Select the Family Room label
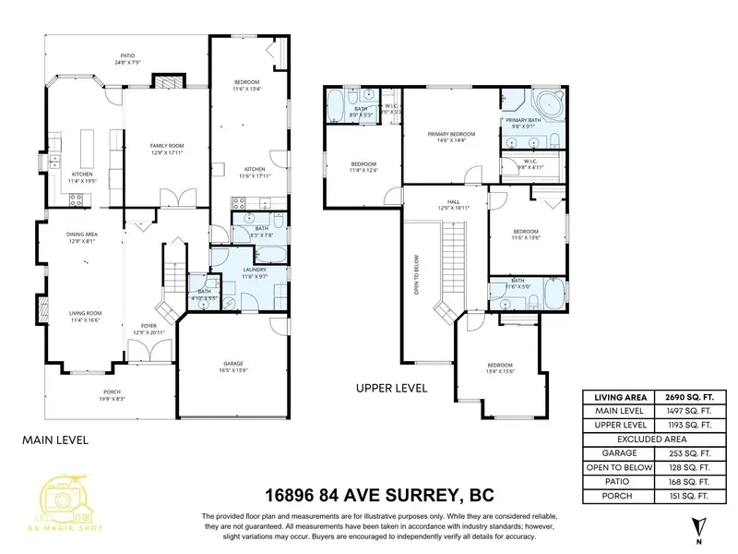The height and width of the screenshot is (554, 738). (x=168, y=150)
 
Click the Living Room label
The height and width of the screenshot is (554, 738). (x=85, y=316)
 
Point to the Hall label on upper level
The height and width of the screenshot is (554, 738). (x=453, y=201)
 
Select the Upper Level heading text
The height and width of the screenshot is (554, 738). (x=391, y=389)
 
